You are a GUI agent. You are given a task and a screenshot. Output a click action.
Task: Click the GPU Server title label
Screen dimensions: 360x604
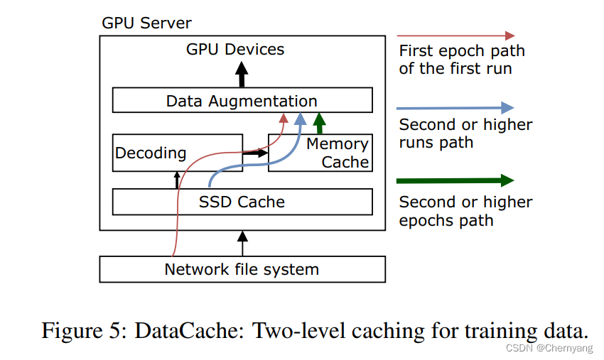coord(146,23)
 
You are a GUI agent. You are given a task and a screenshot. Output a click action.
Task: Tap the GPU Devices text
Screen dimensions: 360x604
coord(235,49)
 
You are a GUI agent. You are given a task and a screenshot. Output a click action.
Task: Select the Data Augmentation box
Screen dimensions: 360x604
coord(242,100)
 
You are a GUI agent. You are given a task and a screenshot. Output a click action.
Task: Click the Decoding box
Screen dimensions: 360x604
coord(151,153)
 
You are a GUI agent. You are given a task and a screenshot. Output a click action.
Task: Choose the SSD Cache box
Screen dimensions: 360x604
coord(242,202)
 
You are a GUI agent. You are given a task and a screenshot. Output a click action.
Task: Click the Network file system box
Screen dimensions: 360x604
coord(242,270)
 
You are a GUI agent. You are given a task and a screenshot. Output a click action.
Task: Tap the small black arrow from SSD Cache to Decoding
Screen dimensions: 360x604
coord(177,180)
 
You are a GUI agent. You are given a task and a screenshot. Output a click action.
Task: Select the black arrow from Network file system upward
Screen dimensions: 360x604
coord(242,243)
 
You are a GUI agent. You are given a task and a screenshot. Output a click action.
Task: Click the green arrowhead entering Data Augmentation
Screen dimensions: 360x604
coord(319,121)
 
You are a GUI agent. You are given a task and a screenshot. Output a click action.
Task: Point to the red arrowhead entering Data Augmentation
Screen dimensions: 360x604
coord(284,118)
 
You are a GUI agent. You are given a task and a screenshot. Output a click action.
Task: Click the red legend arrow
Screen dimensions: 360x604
coord(455,35)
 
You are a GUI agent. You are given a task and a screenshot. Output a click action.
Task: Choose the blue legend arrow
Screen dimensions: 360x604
coord(455,108)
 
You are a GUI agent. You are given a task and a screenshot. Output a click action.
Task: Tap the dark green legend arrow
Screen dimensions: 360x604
coord(455,180)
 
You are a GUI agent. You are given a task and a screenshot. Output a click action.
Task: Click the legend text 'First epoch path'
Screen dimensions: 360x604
coord(461,51)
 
